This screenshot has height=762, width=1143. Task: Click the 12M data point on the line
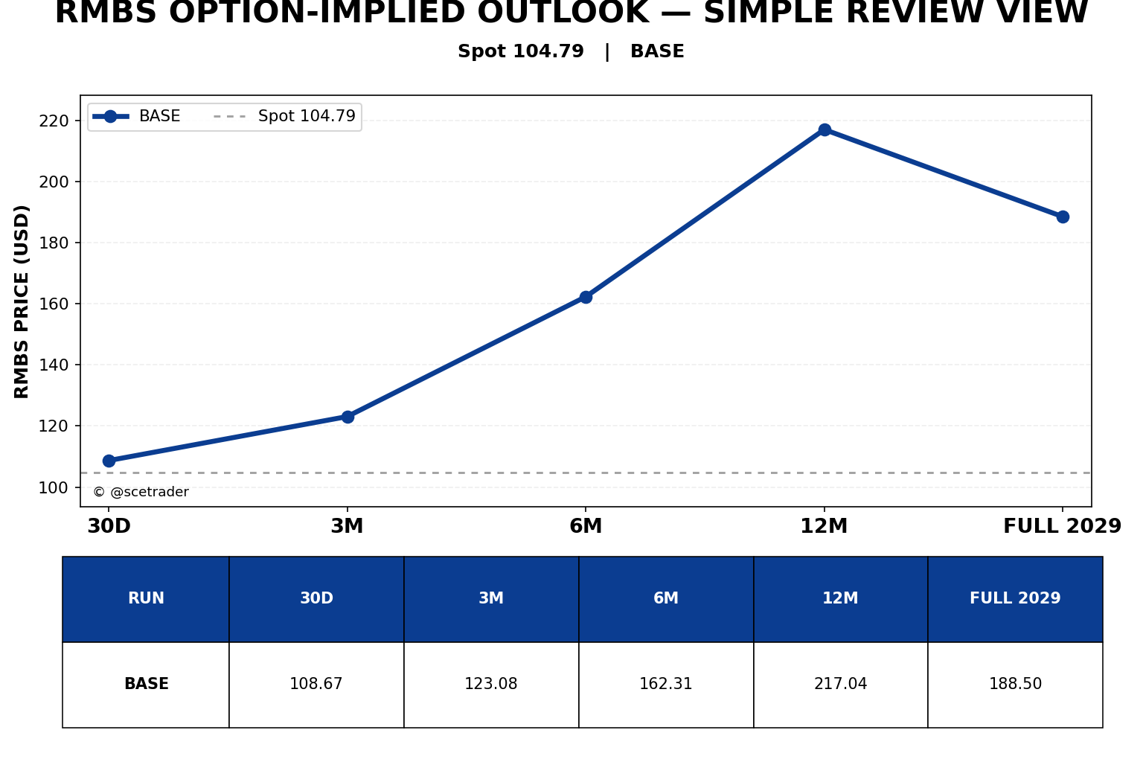(x=825, y=129)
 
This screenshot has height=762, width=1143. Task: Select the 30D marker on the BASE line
(x=109, y=461)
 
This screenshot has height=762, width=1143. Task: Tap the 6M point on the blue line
(x=586, y=297)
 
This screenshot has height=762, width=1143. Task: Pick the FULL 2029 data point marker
(x=1063, y=217)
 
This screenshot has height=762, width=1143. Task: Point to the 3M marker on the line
(x=348, y=417)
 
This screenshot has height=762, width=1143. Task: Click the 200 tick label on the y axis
(x=54, y=182)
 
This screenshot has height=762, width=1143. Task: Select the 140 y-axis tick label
(x=54, y=365)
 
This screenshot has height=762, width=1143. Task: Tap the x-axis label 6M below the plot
(x=586, y=525)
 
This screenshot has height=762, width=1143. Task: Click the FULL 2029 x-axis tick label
(x=1063, y=525)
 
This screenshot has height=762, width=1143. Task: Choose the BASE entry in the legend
(x=135, y=116)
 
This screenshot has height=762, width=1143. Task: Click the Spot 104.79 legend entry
(x=284, y=116)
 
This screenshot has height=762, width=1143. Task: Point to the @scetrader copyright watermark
(x=141, y=492)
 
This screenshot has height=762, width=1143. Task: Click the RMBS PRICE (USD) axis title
(x=22, y=301)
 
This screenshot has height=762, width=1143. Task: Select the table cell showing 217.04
(x=840, y=684)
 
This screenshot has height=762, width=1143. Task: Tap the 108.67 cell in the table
(x=316, y=684)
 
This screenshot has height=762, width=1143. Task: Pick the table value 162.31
(x=666, y=684)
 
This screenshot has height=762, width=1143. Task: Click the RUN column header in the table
(x=146, y=598)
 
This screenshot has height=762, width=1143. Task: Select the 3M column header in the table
(x=491, y=598)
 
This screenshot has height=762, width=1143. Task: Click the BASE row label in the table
(x=147, y=684)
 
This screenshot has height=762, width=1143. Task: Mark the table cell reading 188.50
(x=1016, y=684)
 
